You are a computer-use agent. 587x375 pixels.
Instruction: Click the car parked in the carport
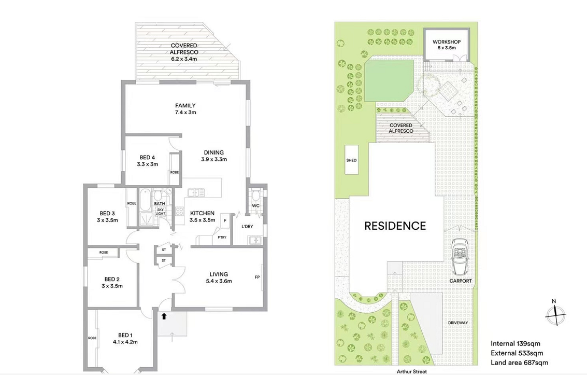(x=460, y=257)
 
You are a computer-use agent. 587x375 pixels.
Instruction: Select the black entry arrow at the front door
(x=164, y=316)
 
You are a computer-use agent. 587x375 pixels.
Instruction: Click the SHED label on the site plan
(x=351, y=160)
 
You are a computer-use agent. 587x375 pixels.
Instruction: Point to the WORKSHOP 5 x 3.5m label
(x=447, y=45)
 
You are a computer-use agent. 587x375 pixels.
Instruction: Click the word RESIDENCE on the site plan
(x=395, y=226)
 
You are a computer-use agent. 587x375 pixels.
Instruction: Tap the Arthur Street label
(x=412, y=371)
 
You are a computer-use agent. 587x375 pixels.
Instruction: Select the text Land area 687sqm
(x=519, y=362)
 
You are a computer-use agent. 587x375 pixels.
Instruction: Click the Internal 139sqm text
(x=516, y=343)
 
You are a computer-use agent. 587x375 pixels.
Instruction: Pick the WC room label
(x=256, y=206)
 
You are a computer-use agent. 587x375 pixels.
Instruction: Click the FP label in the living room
(x=257, y=277)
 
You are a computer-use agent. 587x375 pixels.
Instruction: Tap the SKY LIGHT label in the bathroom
(x=160, y=211)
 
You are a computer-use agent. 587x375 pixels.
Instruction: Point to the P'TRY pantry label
(x=222, y=237)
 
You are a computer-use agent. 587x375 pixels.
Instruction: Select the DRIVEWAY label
(x=458, y=323)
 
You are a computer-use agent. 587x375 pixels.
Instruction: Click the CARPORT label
(x=461, y=281)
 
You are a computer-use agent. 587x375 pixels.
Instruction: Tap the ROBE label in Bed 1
(x=92, y=338)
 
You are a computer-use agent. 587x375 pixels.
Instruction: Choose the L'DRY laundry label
(x=247, y=226)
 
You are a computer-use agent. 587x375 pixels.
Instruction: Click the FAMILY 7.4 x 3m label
(x=185, y=108)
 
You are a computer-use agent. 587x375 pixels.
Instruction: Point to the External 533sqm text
(x=517, y=353)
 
